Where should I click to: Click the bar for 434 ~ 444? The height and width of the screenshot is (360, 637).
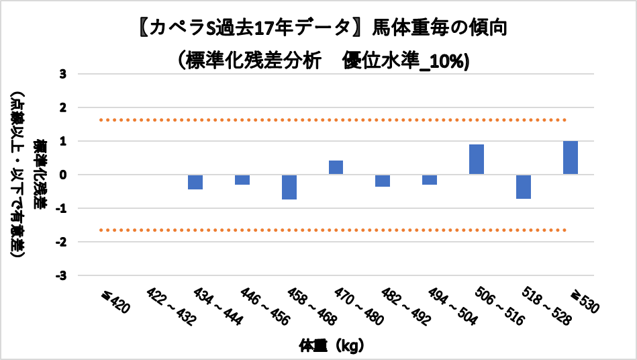pos(195,182)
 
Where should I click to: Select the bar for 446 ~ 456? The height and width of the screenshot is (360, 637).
pos(242,179)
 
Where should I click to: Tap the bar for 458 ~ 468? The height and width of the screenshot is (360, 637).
pos(289,187)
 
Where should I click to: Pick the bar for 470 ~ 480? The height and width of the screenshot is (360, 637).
pos(336,167)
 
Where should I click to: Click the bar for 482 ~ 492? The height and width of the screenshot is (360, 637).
pos(383,181)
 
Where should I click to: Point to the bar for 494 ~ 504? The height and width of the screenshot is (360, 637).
pos(430,179)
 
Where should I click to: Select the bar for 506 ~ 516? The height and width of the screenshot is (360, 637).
pos(477,159)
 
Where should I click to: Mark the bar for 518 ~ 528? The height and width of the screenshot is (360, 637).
pos(524,187)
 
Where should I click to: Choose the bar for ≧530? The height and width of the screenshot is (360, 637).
pos(571,158)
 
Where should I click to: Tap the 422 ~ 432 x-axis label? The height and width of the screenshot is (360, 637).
pos(170,308)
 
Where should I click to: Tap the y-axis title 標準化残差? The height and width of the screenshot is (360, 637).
pos(42,175)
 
